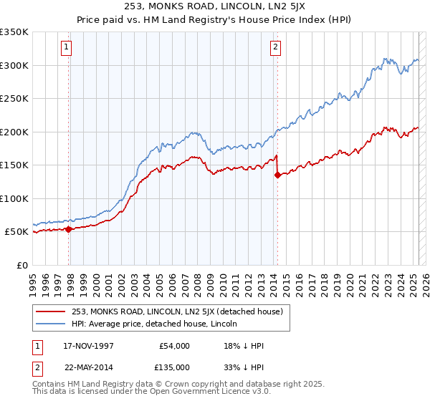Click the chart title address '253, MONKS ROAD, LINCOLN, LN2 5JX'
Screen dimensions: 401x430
[214, 8]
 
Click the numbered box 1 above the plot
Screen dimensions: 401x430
[66, 47]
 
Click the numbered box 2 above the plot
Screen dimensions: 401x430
[276, 47]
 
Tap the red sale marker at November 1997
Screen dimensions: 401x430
[69, 229]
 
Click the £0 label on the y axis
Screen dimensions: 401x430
[24, 265]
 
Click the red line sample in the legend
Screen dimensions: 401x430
[51, 311]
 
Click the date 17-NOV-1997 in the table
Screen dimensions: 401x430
[90, 346]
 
